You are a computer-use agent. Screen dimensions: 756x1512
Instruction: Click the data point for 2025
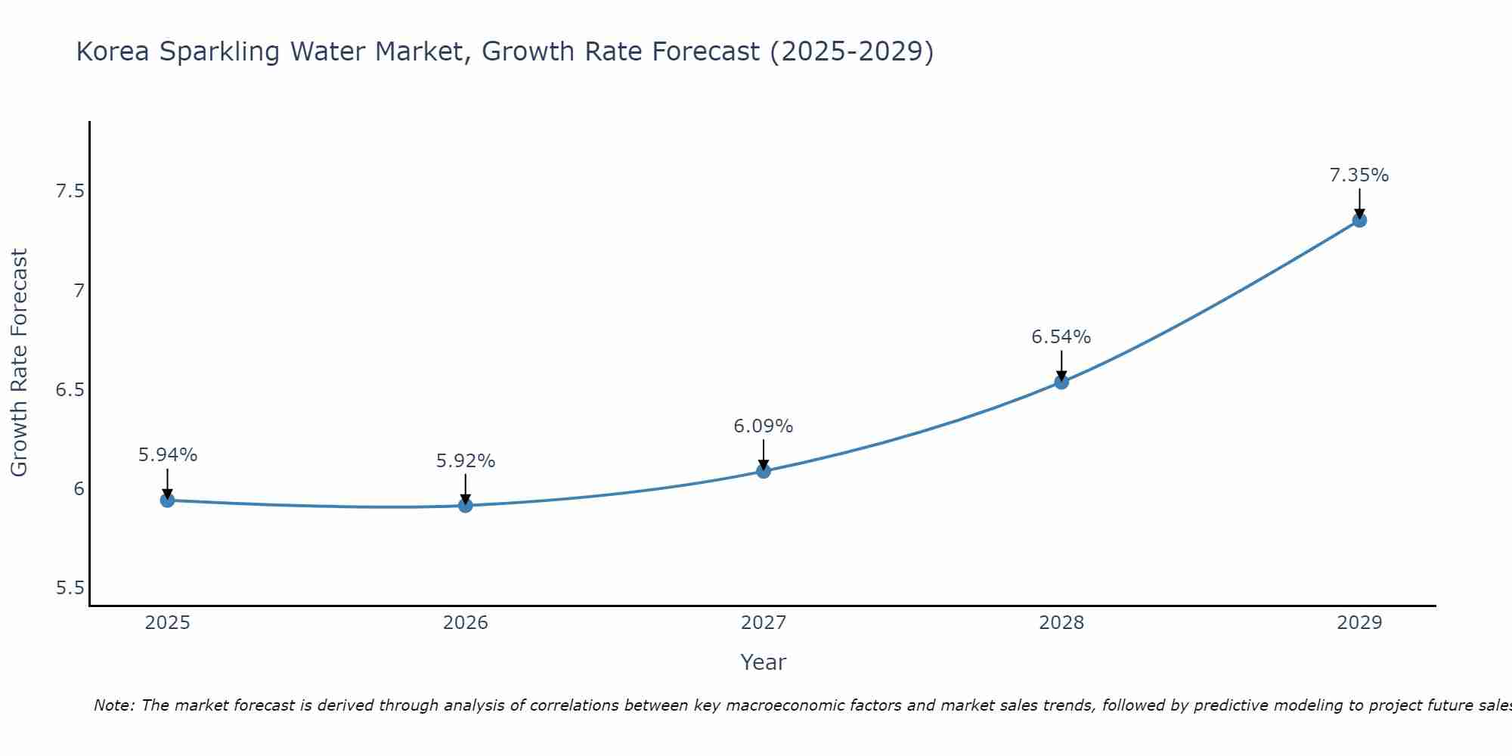pyautogui.click(x=167, y=500)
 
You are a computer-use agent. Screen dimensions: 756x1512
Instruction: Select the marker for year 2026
pyautogui.click(x=466, y=505)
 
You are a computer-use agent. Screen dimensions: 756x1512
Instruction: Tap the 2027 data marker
pyautogui.click(x=764, y=471)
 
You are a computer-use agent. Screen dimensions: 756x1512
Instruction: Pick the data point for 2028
pyautogui.click(x=1061, y=382)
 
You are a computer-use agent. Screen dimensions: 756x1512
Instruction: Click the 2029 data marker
pyautogui.click(x=1359, y=220)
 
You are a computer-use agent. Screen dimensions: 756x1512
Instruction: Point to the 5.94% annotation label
pyautogui.click(x=168, y=455)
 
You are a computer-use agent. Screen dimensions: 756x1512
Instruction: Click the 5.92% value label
pyautogui.click(x=466, y=461)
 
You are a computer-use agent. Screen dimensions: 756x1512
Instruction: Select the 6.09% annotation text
pyautogui.click(x=764, y=426)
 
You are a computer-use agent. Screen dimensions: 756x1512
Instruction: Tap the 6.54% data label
pyautogui.click(x=1061, y=337)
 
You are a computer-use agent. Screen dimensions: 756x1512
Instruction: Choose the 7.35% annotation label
pyautogui.click(x=1359, y=175)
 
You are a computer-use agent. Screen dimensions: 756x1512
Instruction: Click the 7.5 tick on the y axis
pyautogui.click(x=70, y=191)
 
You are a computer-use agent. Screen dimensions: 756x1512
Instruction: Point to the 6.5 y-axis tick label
pyautogui.click(x=70, y=390)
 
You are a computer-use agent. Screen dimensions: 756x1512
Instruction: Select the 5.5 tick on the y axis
pyautogui.click(x=70, y=588)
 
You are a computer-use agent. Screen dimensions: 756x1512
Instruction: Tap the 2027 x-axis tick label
pyautogui.click(x=764, y=623)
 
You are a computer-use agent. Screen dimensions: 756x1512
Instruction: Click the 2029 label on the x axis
pyautogui.click(x=1359, y=623)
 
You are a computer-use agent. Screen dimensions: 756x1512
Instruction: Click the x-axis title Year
pyautogui.click(x=764, y=662)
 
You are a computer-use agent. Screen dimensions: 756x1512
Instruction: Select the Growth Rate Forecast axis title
pyautogui.click(x=20, y=363)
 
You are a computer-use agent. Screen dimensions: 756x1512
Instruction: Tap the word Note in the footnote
pyautogui.click(x=112, y=705)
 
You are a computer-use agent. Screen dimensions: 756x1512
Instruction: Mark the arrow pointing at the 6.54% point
pyautogui.click(x=1061, y=365)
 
